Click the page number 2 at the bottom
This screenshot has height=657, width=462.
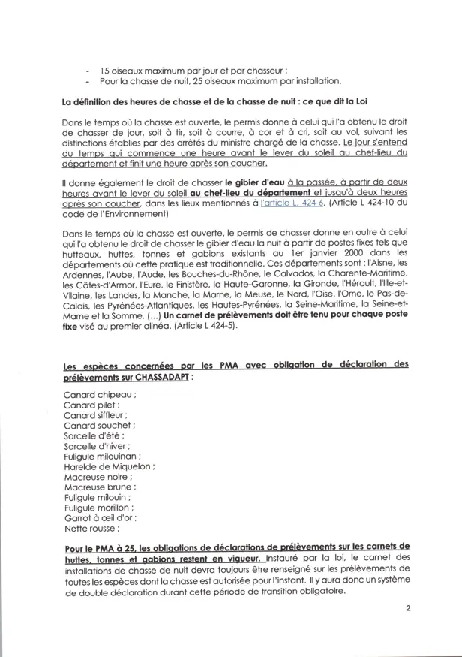click(x=409, y=610)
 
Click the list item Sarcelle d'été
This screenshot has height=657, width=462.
click(x=89, y=435)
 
